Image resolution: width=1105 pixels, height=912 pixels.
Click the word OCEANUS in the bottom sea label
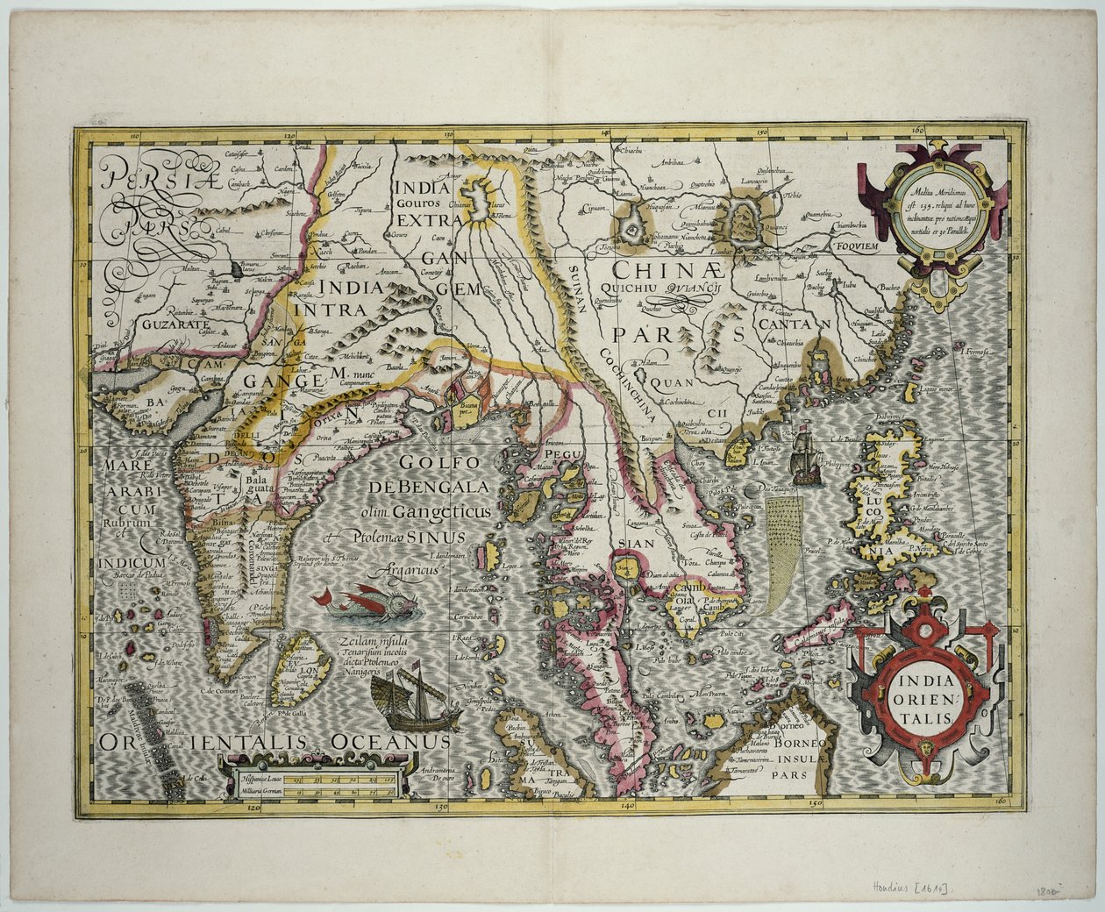[391, 742]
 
